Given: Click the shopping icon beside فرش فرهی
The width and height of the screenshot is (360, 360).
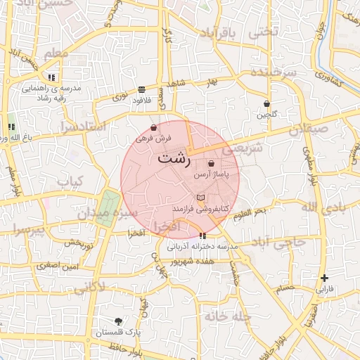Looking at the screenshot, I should pos(154,128).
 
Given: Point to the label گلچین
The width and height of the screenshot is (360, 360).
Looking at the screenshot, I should pos(266,114).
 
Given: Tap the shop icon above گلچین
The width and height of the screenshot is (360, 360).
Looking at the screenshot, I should pos(266,103).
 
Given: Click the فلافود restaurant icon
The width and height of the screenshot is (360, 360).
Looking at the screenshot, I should pos(142,90).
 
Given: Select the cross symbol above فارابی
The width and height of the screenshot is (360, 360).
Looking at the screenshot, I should pos(324,278).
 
